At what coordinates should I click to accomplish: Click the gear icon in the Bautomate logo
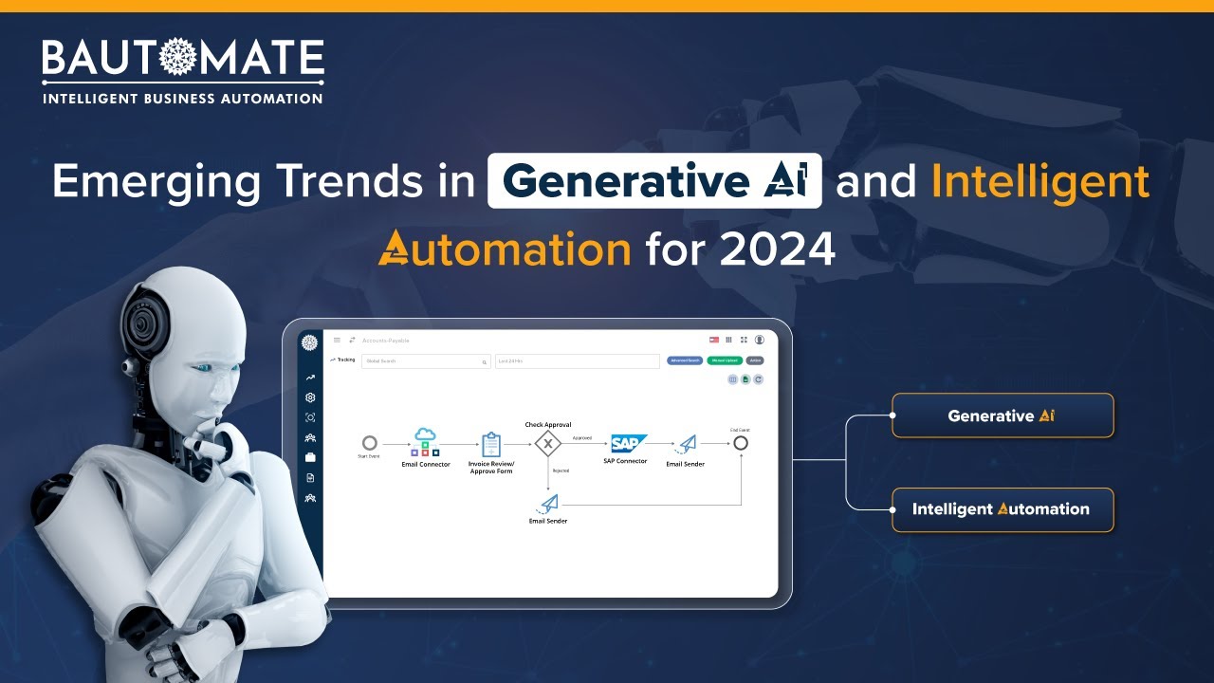pos(177,59)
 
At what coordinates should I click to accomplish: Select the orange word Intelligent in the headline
pos(1039,181)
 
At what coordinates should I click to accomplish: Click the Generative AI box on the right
pos(1002,415)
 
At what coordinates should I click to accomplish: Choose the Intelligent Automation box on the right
pos(1002,509)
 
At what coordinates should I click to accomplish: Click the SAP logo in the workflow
pos(627,443)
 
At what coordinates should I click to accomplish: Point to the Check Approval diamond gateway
pos(548,443)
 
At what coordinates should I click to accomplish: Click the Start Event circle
pos(370,443)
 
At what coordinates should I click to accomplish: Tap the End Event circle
pos(741,443)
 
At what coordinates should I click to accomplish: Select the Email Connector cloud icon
pos(425,434)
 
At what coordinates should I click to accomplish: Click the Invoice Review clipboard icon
pos(491,444)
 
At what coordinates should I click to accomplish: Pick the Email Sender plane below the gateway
pos(548,504)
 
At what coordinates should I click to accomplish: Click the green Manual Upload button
pos(724,360)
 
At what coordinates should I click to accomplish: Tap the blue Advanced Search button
pos(685,360)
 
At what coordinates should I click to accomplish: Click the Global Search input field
pos(422,361)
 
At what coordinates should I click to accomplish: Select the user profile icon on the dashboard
pos(760,340)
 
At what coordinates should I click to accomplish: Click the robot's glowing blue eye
pos(201,368)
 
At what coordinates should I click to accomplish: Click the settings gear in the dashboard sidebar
pos(310,397)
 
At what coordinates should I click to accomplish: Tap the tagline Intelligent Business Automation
pos(182,98)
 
